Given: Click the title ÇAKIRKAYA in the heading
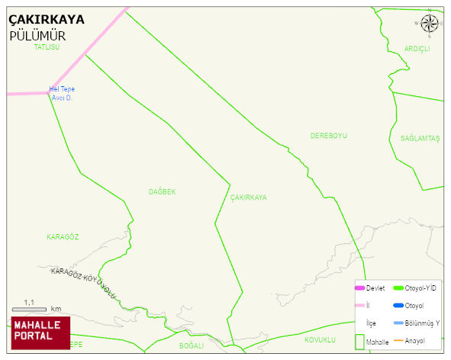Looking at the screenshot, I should tap(47, 20).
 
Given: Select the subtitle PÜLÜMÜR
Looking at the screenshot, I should tap(37, 36).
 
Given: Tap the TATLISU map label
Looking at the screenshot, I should tap(47, 47).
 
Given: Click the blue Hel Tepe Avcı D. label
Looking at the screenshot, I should tap(62, 93).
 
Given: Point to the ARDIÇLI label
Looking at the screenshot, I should tap(417, 49).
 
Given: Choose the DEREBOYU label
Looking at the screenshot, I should tap(328, 136).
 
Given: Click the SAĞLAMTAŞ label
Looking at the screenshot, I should tap(420, 138).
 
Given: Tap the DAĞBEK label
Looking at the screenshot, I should tap(162, 192).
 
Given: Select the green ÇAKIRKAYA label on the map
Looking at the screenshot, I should tap(249, 198).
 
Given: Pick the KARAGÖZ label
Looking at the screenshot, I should tap(63, 237).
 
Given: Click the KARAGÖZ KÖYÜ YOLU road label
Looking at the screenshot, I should tap(84, 282).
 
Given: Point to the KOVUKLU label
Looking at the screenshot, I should tap(320, 339).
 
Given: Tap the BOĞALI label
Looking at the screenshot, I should tap(192, 346).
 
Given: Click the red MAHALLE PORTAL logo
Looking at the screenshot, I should tap(40, 332).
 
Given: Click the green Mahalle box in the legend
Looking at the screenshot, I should tap(360, 341).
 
